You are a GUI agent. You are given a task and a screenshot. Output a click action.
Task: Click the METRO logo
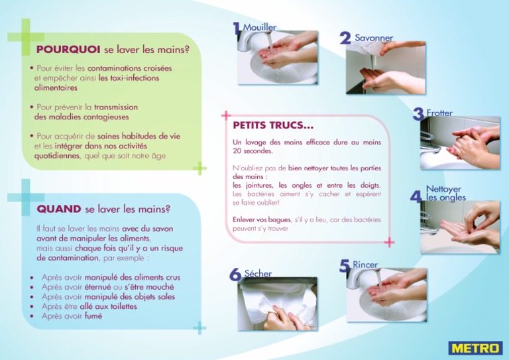475,348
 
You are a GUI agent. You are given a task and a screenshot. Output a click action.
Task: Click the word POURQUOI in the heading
68,49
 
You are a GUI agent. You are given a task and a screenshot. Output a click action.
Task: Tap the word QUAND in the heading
59,209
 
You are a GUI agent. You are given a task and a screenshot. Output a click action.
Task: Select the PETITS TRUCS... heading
273,125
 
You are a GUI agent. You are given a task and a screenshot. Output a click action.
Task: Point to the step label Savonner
374,38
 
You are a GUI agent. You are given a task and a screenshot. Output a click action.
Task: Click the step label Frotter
439,113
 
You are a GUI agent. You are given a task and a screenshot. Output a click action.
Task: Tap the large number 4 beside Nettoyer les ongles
416,197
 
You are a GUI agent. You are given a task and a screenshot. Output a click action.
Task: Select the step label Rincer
365,265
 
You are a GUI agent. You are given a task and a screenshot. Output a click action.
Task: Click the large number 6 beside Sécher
235,274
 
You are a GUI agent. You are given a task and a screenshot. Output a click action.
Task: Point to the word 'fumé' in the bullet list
93,316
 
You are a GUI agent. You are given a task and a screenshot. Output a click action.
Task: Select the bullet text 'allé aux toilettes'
109,306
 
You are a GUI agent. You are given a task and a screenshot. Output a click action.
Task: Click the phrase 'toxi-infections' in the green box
129,78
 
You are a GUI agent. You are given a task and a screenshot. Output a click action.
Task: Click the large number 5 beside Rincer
345,267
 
